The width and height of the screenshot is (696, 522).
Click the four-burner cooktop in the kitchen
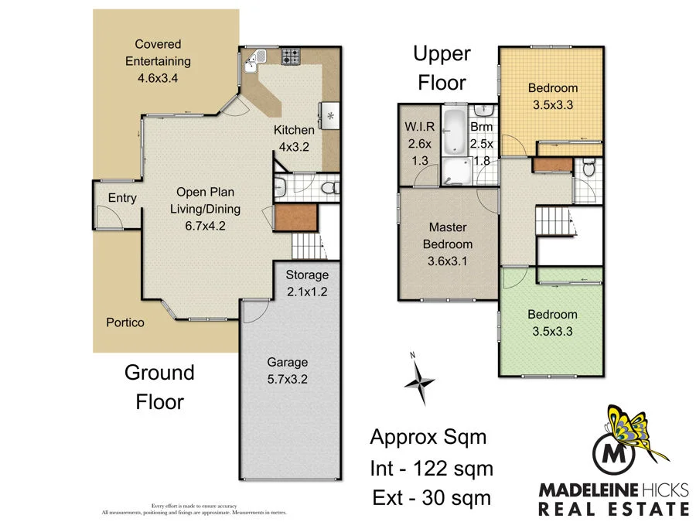click(x=292, y=56)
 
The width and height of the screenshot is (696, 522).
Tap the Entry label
click(x=122, y=198)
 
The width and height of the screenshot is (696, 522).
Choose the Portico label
click(x=125, y=322)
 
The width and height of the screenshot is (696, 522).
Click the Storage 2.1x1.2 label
click(x=307, y=282)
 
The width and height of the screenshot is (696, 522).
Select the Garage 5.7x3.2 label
click(x=288, y=370)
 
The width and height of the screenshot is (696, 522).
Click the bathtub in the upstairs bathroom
click(x=455, y=131)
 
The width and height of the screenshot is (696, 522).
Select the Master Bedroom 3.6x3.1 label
click(x=451, y=244)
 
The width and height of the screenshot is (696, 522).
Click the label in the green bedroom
click(x=552, y=322)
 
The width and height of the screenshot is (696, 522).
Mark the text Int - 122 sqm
click(x=431, y=468)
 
